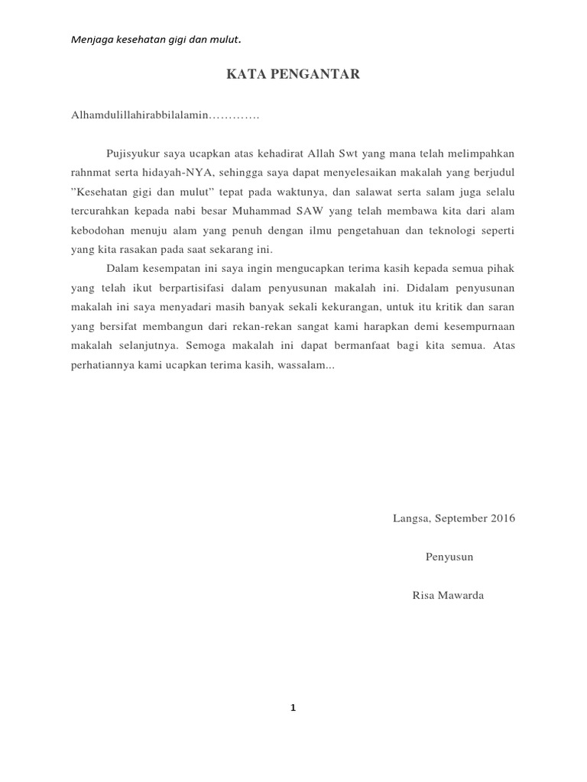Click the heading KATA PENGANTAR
[293, 75]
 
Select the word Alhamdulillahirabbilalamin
[140, 115]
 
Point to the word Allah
[331, 153]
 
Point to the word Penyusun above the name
[449, 557]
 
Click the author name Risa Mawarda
[448, 595]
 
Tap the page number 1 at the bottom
[293, 708]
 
